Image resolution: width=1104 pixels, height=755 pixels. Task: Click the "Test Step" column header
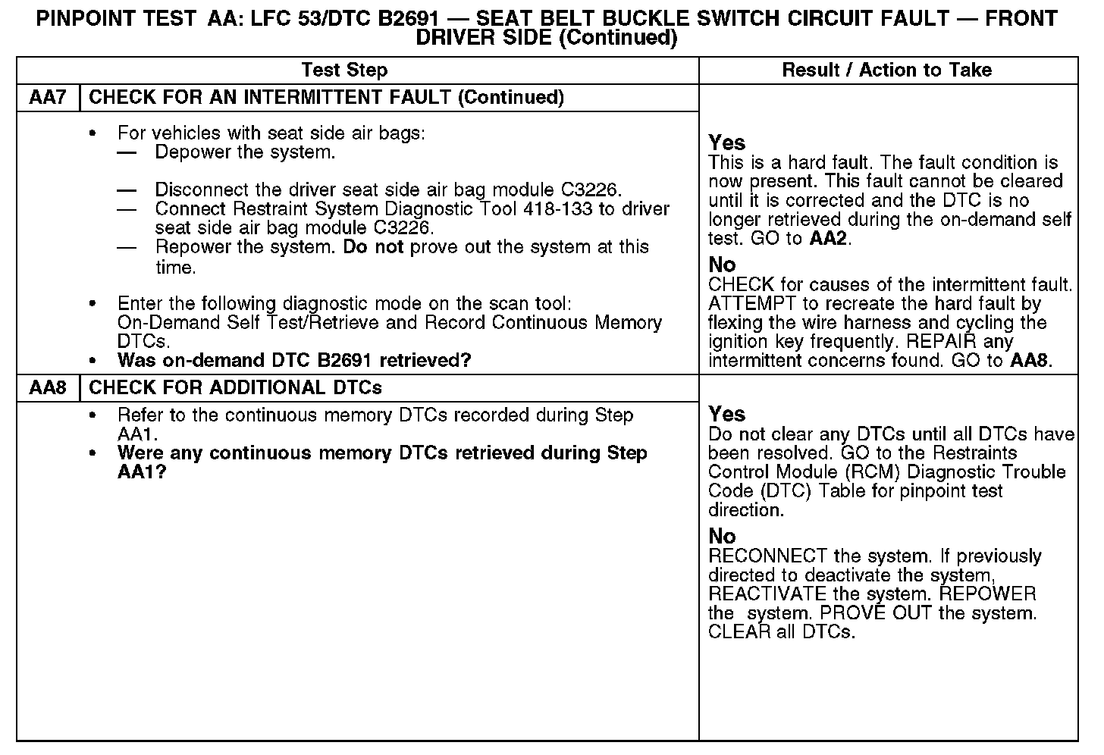344,70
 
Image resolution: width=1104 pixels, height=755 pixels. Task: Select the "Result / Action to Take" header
886,70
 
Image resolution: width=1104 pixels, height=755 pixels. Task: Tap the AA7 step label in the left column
48,98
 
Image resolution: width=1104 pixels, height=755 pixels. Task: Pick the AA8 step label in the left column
48,388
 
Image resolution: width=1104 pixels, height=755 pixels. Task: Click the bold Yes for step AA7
726,143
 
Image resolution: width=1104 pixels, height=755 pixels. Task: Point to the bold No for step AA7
722,265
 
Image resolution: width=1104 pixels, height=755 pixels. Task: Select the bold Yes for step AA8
726,415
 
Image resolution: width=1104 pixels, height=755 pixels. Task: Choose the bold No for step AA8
722,537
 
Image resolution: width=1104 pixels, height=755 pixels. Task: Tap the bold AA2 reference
830,239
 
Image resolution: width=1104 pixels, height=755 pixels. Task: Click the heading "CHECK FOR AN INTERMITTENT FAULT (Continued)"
326,98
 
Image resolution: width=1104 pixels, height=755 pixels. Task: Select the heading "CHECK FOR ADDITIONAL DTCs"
235,388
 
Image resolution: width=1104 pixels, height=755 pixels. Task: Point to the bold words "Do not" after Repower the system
373,247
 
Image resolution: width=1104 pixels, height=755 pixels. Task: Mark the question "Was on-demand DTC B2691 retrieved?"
294,360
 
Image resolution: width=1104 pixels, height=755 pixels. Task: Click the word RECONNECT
767,556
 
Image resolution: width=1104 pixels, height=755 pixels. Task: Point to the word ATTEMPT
750,304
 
